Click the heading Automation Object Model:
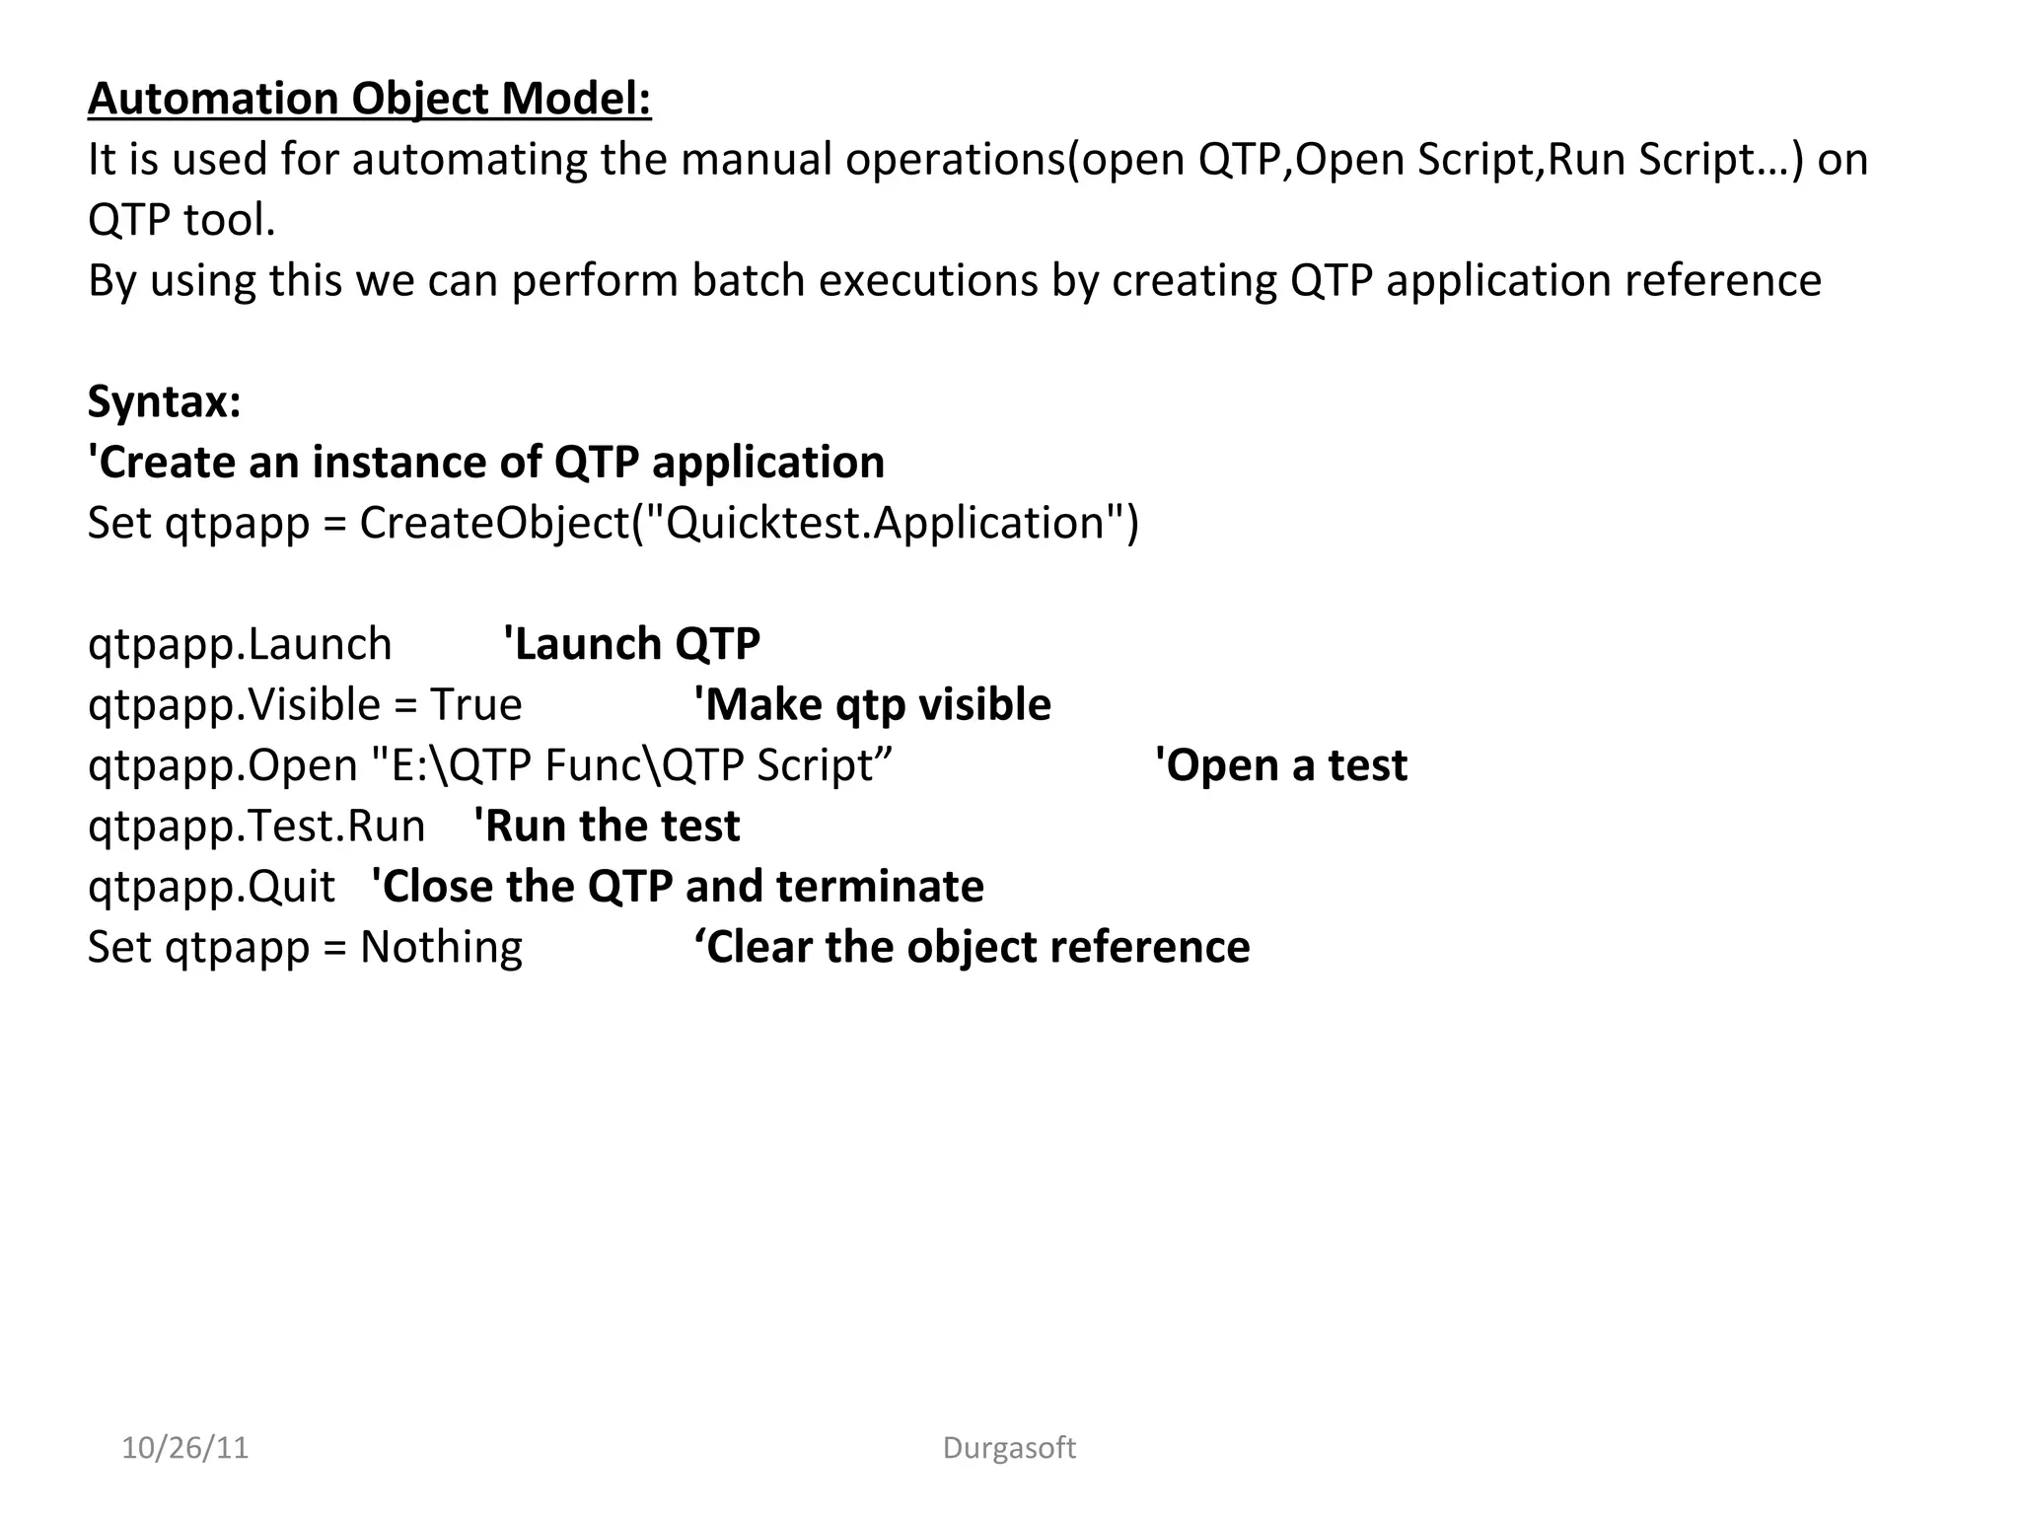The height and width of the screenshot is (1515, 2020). [x=369, y=99]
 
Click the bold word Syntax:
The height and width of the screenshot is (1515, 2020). [x=164, y=401]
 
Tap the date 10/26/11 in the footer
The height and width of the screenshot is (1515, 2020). [x=184, y=1448]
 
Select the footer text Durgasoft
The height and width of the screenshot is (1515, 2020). [x=1009, y=1448]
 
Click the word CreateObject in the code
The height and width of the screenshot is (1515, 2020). [x=494, y=523]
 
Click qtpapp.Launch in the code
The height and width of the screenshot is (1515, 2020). [x=240, y=644]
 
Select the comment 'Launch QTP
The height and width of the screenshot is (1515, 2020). [x=631, y=644]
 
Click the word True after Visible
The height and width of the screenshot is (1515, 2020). [x=475, y=705]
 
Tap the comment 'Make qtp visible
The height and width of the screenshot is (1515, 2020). [x=872, y=705]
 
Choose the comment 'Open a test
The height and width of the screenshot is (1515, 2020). [x=1280, y=765]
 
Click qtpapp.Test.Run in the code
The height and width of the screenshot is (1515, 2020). [x=256, y=827]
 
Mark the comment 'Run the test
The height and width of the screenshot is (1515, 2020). [x=607, y=827]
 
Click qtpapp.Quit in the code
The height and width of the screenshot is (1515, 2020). [x=211, y=887]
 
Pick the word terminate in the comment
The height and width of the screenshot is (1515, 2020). [x=880, y=887]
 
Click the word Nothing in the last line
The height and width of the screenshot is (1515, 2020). [x=441, y=947]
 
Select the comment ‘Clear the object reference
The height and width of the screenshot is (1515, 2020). [x=972, y=947]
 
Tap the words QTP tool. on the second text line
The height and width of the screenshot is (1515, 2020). [x=181, y=220]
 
